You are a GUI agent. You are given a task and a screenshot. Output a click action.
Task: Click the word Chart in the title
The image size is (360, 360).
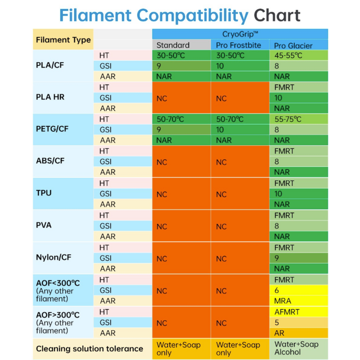pyautogui.click(x=277, y=15)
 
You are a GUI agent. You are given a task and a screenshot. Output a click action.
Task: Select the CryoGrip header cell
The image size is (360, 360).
pyautogui.click(x=240, y=34)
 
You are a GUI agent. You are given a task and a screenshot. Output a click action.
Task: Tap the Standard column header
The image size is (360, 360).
pyautogui.click(x=181, y=45)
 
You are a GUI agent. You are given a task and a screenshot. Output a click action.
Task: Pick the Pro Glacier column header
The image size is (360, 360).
pyautogui.click(x=299, y=45)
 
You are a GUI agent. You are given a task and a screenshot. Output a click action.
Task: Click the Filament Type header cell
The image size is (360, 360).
pyautogui.click(x=63, y=40)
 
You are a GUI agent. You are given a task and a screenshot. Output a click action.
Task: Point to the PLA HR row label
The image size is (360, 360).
pyautogui.click(x=50, y=97)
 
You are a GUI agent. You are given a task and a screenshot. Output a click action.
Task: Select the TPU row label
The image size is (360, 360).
pyautogui.click(x=44, y=193)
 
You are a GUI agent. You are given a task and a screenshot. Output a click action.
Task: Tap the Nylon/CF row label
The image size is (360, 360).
pyautogui.click(x=53, y=257)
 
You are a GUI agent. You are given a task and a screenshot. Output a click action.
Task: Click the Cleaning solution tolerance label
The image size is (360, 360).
pyautogui.click(x=89, y=349)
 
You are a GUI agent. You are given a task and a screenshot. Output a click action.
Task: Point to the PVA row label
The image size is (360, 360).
pyautogui.click(x=44, y=225)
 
